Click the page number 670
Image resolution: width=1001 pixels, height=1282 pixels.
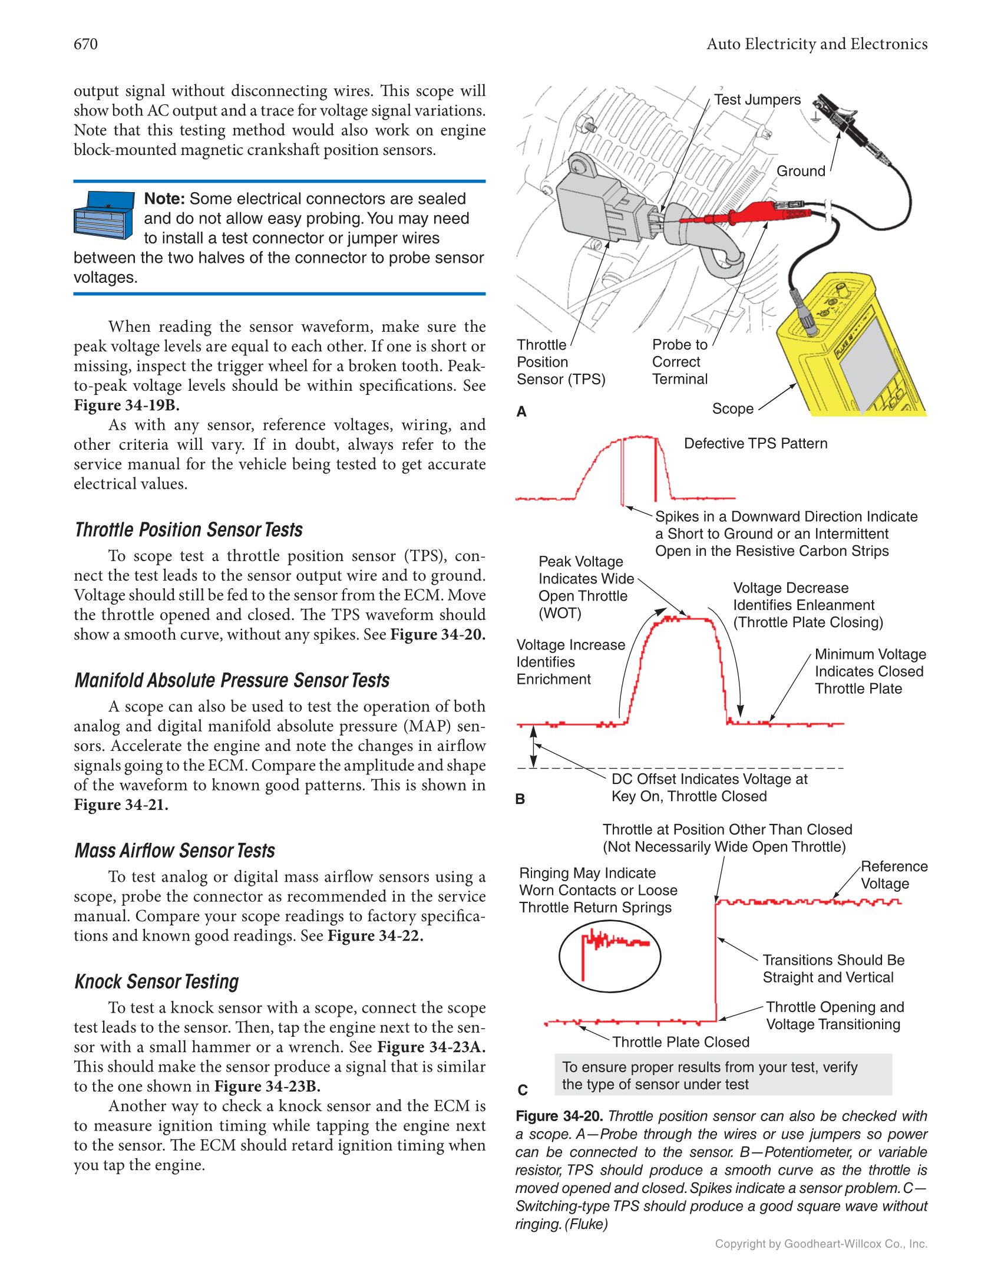click(85, 44)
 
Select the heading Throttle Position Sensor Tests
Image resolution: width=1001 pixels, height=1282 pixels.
click(189, 530)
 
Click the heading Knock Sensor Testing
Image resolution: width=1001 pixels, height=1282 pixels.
click(157, 982)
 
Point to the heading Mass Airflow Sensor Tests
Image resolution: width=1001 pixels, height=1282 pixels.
click(175, 851)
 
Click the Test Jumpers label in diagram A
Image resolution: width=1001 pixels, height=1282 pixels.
click(757, 100)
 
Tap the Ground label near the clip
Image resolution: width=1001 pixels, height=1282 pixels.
click(801, 171)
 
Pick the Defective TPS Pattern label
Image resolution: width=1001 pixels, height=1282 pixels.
click(755, 444)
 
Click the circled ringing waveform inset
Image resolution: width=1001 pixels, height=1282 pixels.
click(610, 955)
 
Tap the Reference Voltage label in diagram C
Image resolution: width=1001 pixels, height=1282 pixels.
click(893, 875)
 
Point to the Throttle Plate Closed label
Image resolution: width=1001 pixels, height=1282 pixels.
click(680, 1042)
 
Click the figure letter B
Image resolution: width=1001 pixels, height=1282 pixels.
click(520, 799)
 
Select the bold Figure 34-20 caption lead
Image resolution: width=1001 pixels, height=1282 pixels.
click(559, 1116)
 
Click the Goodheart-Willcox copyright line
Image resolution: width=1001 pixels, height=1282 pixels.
click(821, 1244)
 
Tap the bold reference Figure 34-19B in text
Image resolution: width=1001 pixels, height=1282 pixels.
click(127, 406)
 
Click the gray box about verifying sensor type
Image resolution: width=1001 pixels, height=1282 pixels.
click(723, 1076)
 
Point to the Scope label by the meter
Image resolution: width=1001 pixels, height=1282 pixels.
click(732, 408)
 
